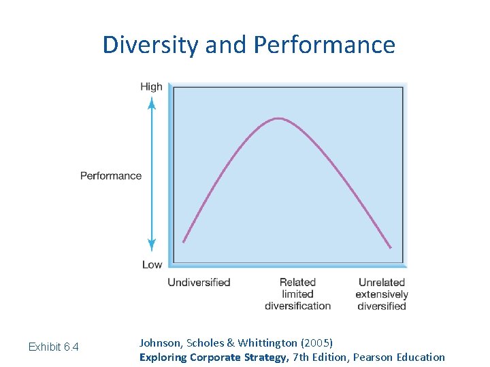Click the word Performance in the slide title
324,45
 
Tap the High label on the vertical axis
151,86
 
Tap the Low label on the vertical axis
152,264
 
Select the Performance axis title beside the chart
111,176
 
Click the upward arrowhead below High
152,102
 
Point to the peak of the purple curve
278,118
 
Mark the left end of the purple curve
184,241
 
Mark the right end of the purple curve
391,247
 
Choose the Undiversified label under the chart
199,282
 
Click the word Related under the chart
297,282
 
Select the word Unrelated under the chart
382,282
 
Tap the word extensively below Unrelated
382,294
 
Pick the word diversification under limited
297,306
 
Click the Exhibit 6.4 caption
53,347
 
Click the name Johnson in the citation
161,343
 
